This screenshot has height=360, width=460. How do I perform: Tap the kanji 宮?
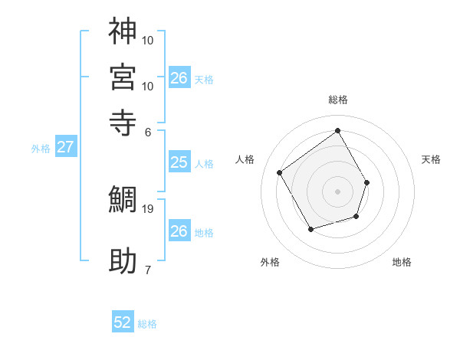point(123,77)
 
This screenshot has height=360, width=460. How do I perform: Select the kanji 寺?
point(123,122)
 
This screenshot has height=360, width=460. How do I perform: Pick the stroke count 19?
point(149,208)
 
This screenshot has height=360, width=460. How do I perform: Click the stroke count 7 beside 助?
point(147,270)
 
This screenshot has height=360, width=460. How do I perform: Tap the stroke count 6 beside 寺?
point(147,131)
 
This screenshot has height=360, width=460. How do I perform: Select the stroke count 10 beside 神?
point(148,39)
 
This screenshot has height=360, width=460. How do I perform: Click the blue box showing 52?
point(123,322)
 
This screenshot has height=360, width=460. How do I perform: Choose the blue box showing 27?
point(65,147)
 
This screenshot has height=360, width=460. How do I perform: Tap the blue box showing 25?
point(179,162)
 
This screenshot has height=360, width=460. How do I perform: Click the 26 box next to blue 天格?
point(179,77)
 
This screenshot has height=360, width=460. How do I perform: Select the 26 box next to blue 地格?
point(179,231)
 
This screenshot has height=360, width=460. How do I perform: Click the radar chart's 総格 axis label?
point(338,100)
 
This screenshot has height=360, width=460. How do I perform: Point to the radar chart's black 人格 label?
point(245,159)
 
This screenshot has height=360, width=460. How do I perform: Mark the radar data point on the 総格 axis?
point(338,130)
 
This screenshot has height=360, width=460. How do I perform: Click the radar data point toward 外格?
point(310,229)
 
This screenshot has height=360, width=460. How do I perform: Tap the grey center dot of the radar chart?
point(338,191)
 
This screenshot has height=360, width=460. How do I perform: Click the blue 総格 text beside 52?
point(147,324)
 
